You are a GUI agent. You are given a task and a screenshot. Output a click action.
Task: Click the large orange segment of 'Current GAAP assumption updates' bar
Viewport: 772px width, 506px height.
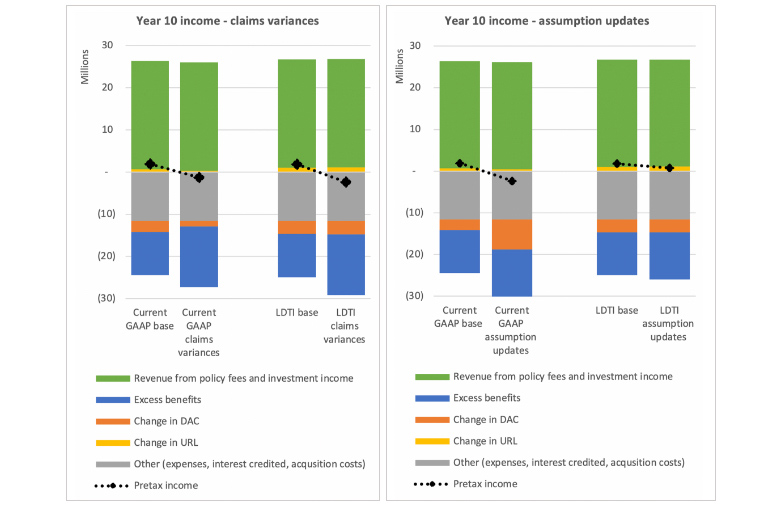(x=511, y=234)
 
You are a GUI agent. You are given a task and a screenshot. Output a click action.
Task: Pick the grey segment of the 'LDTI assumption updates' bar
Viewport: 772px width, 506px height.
(x=669, y=196)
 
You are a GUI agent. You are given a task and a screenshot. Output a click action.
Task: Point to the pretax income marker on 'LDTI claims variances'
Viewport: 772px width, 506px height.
(x=346, y=182)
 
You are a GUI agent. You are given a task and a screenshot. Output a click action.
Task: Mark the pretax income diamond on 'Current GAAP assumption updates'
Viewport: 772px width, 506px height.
(x=511, y=181)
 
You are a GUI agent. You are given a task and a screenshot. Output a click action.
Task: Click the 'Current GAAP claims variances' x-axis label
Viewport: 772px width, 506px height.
(x=199, y=332)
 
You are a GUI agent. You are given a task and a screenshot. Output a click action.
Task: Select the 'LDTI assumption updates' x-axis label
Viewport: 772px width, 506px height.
(x=669, y=324)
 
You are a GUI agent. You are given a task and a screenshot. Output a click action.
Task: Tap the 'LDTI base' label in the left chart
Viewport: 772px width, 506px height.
(x=296, y=312)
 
